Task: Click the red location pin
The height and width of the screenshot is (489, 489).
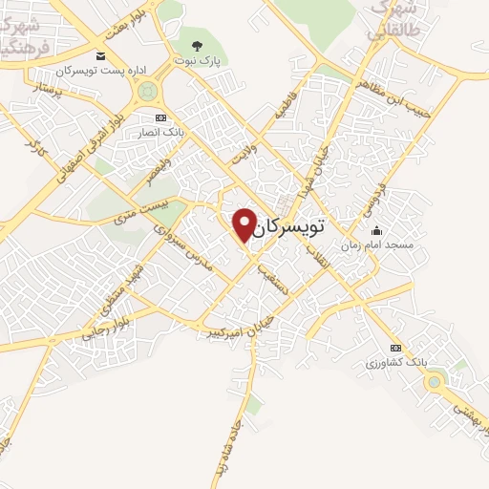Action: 244,223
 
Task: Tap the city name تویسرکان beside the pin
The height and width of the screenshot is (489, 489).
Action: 291,227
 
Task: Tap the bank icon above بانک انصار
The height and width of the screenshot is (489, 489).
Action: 160,117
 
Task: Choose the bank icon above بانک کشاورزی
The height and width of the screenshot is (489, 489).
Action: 396,348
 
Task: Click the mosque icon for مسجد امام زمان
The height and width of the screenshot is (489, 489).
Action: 376,230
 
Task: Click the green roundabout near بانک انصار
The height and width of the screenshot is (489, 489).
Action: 147,92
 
